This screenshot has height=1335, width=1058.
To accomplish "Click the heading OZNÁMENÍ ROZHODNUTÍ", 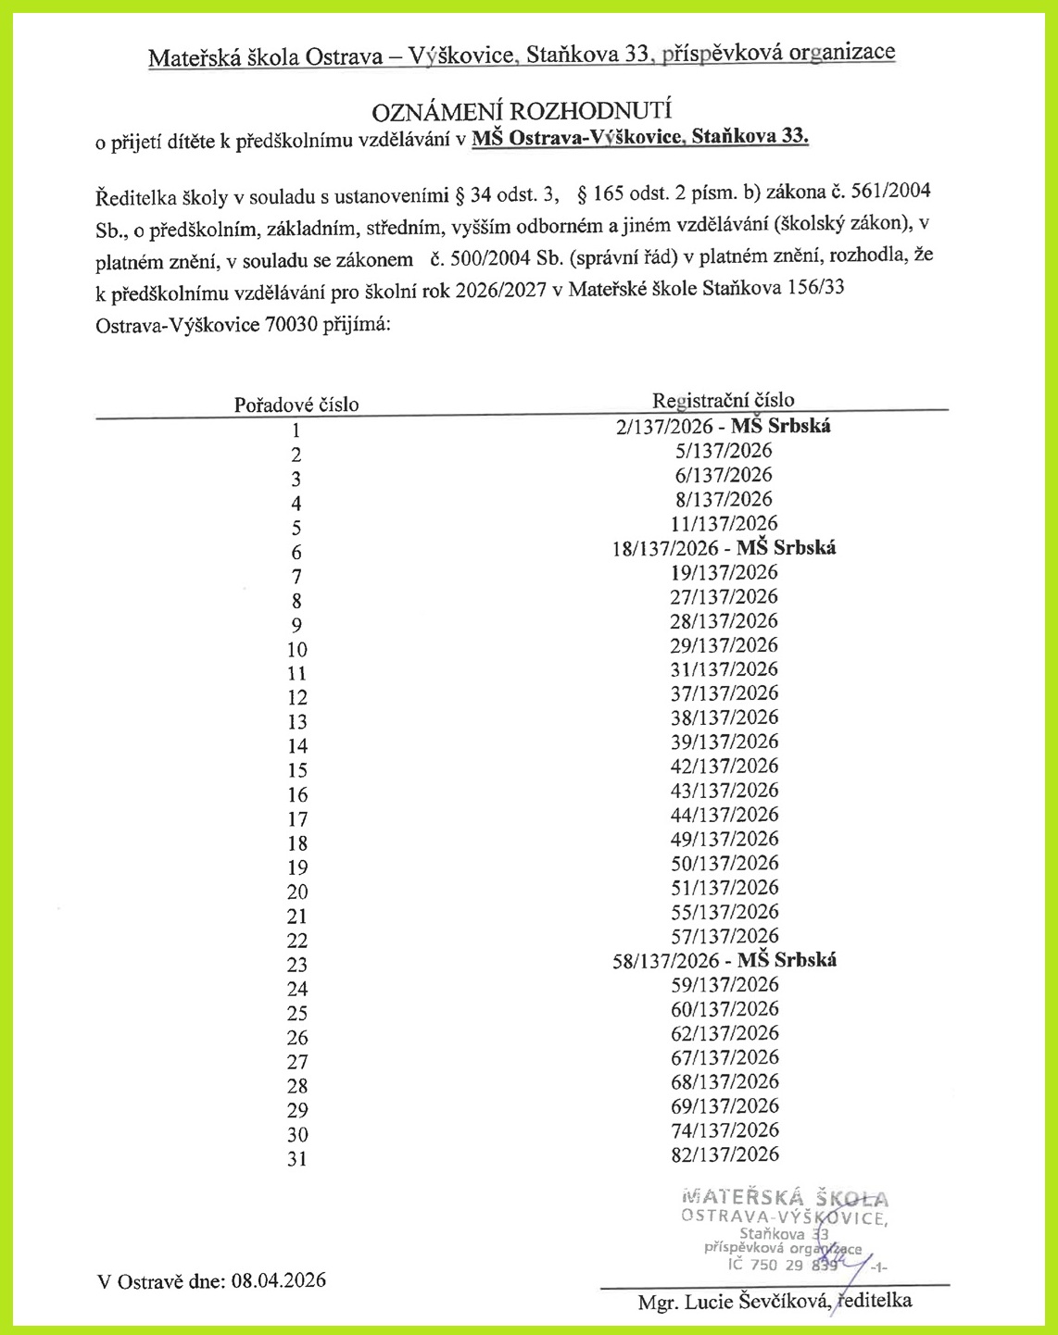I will (x=521, y=111).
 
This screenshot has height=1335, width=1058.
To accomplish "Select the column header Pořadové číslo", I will (x=296, y=405).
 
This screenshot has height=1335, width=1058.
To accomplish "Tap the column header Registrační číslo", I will (x=723, y=400).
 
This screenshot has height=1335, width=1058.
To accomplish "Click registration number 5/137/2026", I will (x=724, y=451).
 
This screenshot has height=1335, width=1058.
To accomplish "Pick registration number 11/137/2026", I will (x=724, y=523).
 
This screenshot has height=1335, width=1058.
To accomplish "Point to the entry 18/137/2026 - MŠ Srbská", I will (x=724, y=548).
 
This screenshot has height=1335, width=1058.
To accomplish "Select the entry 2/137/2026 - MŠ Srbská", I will (x=724, y=426).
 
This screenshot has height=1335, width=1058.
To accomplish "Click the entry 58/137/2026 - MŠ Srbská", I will (x=724, y=960).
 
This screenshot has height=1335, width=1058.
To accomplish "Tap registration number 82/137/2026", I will (x=724, y=1154).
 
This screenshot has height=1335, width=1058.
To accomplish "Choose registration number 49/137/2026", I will (x=724, y=839).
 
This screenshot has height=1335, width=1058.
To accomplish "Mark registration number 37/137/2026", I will (x=724, y=693).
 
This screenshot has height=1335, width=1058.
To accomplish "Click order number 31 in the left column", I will (x=296, y=1159).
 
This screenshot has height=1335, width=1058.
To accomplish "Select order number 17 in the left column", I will (x=296, y=819).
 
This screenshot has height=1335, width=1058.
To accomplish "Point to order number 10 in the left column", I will (x=296, y=650).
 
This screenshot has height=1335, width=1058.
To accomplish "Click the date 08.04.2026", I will (x=279, y=1280).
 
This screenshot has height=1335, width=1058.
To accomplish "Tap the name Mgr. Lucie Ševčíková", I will (x=733, y=1302).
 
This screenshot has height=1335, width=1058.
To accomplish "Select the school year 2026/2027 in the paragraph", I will (x=507, y=290).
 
